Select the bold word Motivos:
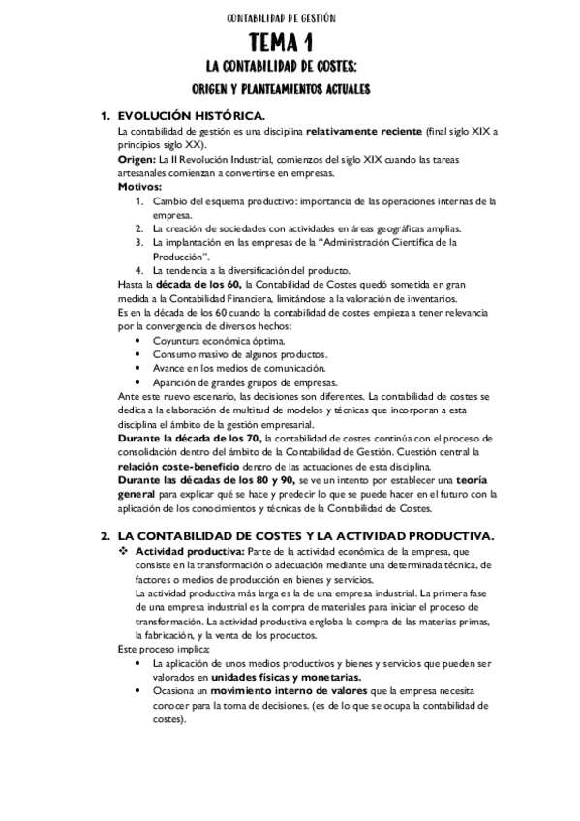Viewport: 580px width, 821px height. click(140, 186)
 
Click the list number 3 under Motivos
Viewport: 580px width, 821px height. click(140, 241)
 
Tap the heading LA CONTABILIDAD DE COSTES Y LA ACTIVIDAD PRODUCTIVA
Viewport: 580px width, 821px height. click(304, 535)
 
